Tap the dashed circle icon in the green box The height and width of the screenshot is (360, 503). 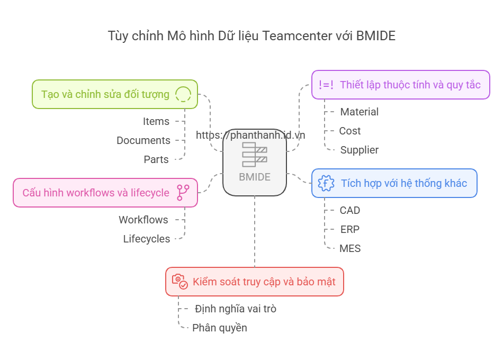coord(183,94)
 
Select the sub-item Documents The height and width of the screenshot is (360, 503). coord(143,140)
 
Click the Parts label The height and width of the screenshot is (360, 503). coord(156,159)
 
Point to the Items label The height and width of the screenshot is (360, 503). coord(156,121)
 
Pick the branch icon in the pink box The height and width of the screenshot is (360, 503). coord(183,193)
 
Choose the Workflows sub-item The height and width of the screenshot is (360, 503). coord(143,220)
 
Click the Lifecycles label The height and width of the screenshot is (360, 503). coord(147,239)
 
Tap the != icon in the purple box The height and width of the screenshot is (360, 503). coord(326,85)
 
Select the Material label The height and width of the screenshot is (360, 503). coord(360,112)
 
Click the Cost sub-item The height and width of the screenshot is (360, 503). coord(350,131)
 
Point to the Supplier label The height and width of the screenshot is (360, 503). coord(360,150)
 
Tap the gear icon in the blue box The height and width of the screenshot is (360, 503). coord(326,183)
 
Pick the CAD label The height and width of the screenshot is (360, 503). coord(350,210)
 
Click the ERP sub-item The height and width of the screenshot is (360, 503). coord(350,229)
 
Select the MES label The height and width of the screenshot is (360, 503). coord(350,248)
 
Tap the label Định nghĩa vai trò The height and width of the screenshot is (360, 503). coord(236,309)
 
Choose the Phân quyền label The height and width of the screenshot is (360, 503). coord(220,328)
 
